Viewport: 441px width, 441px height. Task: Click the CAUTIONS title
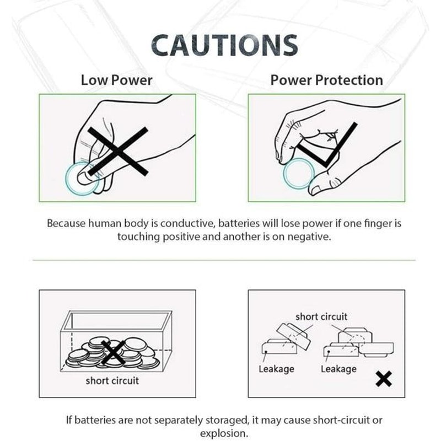(x=224, y=45)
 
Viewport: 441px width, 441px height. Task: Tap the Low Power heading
(x=116, y=80)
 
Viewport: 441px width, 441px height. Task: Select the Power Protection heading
(x=326, y=80)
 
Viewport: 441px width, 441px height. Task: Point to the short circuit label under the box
(x=112, y=380)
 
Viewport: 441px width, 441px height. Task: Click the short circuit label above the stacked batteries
(x=321, y=316)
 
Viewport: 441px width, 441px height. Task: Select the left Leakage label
(x=276, y=369)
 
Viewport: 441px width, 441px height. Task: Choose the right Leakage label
(x=338, y=369)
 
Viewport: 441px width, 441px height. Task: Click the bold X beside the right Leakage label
(x=384, y=379)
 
